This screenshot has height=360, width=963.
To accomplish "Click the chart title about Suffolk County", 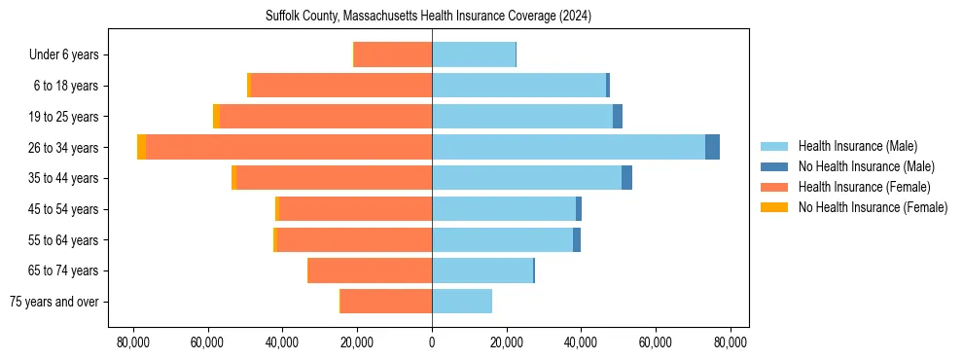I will (x=428, y=17).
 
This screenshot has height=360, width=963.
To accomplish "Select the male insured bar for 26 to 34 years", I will (x=568, y=147).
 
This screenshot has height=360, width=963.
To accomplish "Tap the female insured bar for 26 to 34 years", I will (x=289, y=147).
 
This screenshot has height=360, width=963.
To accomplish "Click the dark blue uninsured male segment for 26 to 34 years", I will (x=712, y=147).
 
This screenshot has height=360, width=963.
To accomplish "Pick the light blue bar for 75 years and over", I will (x=462, y=302).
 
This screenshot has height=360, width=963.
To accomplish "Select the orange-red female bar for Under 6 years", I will (x=393, y=54).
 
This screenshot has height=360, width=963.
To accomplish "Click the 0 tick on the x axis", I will (x=432, y=342).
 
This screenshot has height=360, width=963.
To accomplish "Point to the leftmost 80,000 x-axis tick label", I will (x=132, y=342).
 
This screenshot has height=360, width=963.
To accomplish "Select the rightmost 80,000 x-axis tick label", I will (x=731, y=342).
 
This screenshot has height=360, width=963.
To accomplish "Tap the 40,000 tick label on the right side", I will (x=581, y=342).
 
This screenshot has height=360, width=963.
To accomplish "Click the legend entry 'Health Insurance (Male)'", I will (x=857, y=146).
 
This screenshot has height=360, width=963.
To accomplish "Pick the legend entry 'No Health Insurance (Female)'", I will (x=873, y=207).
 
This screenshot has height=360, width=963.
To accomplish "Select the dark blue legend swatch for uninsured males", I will (x=774, y=166).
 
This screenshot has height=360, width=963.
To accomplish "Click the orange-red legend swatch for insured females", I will (x=774, y=187).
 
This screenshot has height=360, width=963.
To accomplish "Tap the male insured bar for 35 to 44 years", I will (x=526, y=178).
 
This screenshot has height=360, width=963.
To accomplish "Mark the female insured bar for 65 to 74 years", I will (x=370, y=270).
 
